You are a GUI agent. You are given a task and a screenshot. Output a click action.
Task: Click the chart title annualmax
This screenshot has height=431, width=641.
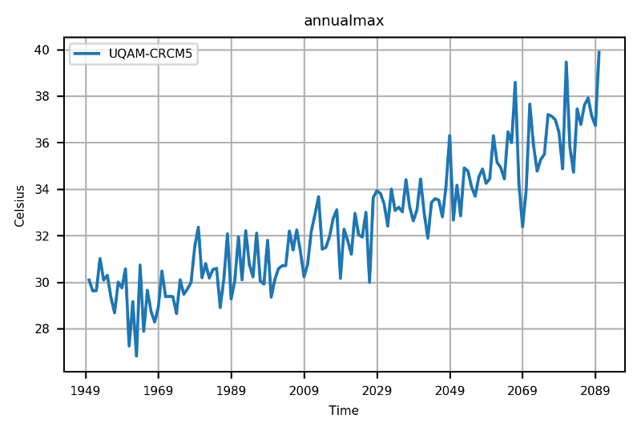344,21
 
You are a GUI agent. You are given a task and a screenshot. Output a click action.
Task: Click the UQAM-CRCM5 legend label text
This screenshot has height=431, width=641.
153,54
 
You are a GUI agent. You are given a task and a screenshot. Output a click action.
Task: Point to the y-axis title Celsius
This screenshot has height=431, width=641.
21,205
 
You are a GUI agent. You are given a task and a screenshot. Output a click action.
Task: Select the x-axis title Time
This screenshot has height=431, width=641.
344,411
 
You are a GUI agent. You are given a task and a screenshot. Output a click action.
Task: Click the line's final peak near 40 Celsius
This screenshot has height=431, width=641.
599,51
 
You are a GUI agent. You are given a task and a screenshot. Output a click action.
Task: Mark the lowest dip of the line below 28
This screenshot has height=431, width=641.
136,356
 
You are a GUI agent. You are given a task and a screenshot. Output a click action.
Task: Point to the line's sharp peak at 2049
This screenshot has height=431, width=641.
450,135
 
